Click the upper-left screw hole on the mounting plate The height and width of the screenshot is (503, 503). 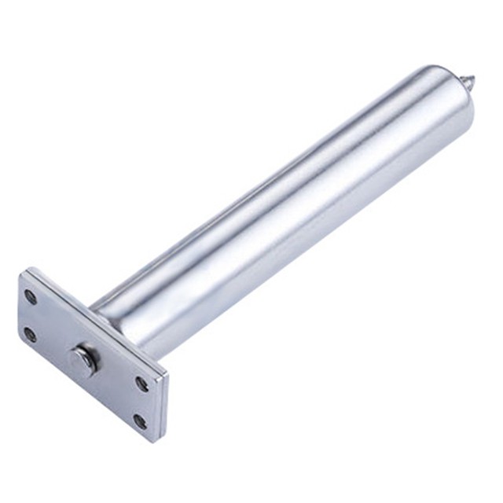point(31,296)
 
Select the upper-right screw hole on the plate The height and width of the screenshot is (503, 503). point(142,384)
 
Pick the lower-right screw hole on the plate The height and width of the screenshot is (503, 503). point(140,421)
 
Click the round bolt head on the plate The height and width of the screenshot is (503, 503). point(82,360)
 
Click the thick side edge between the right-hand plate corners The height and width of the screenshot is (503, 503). point(163,409)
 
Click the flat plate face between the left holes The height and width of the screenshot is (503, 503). point(31,315)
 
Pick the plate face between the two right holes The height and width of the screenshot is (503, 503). point(141,402)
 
